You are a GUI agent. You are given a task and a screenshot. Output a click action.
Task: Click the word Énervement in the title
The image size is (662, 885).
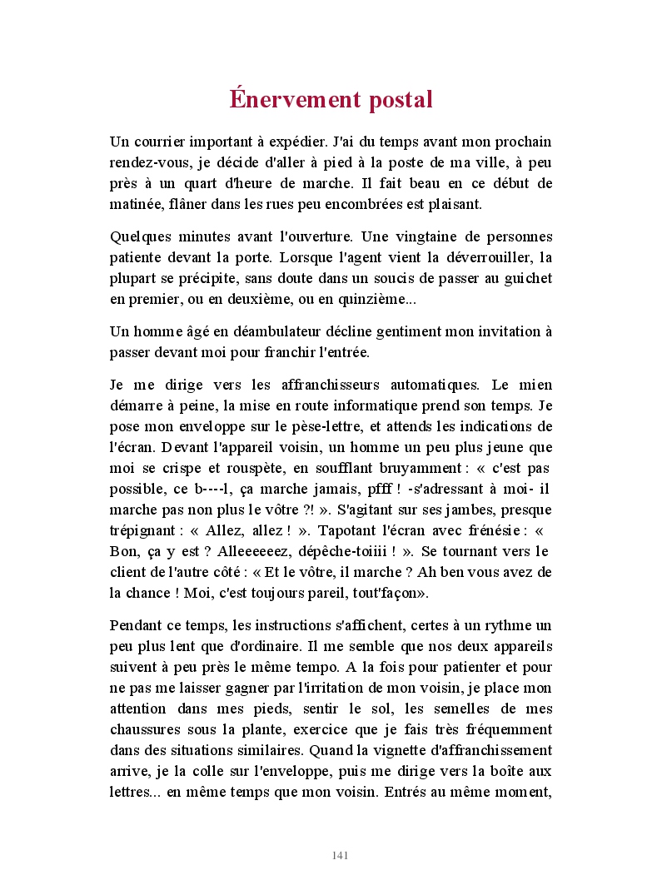pos(287,99)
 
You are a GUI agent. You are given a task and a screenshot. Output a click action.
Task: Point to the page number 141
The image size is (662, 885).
pos(340,855)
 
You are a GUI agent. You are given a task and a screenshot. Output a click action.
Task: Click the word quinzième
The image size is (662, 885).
pos(366,299)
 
